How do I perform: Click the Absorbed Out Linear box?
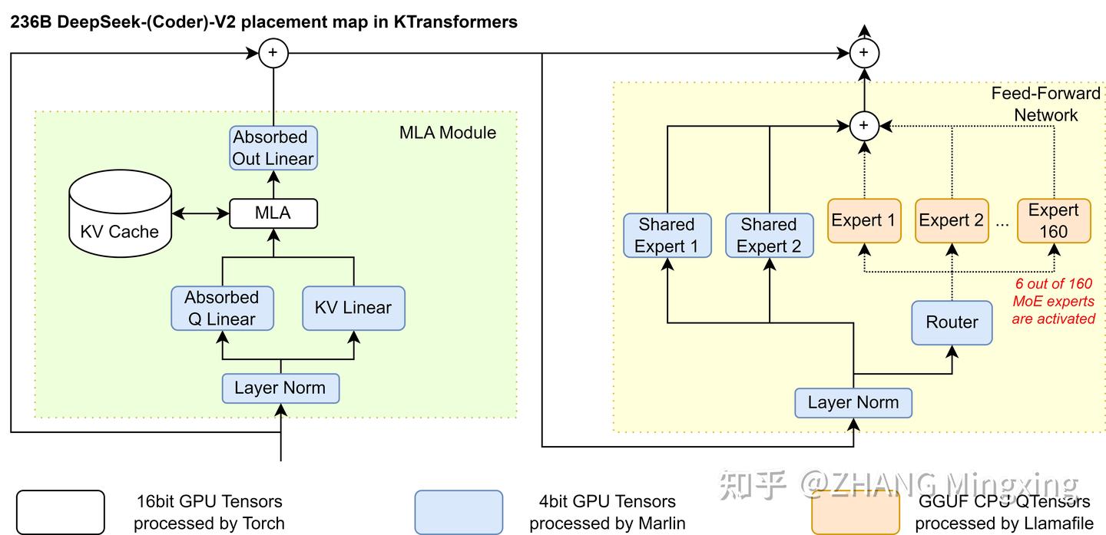(273, 148)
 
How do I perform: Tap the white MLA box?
(273, 213)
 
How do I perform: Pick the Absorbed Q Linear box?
(222, 308)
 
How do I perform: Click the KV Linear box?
(353, 308)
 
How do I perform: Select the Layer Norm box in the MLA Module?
(280, 388)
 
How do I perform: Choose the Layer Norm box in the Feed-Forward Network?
(853, 402)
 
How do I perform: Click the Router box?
(952, 322)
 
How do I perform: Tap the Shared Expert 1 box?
(667, 235)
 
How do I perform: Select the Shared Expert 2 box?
(769, 235)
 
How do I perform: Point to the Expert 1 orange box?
(864, 220)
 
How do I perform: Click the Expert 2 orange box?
(952, 220)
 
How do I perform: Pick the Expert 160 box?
(1054, 220)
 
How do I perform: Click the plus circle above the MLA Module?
(273, 53)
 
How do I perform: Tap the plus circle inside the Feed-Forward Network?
(864, 125)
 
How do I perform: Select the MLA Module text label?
(448, 132)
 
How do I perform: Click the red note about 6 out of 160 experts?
(1053, 301)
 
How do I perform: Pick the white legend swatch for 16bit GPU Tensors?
(60, 512)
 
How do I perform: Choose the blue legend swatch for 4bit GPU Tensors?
(459, 512)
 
